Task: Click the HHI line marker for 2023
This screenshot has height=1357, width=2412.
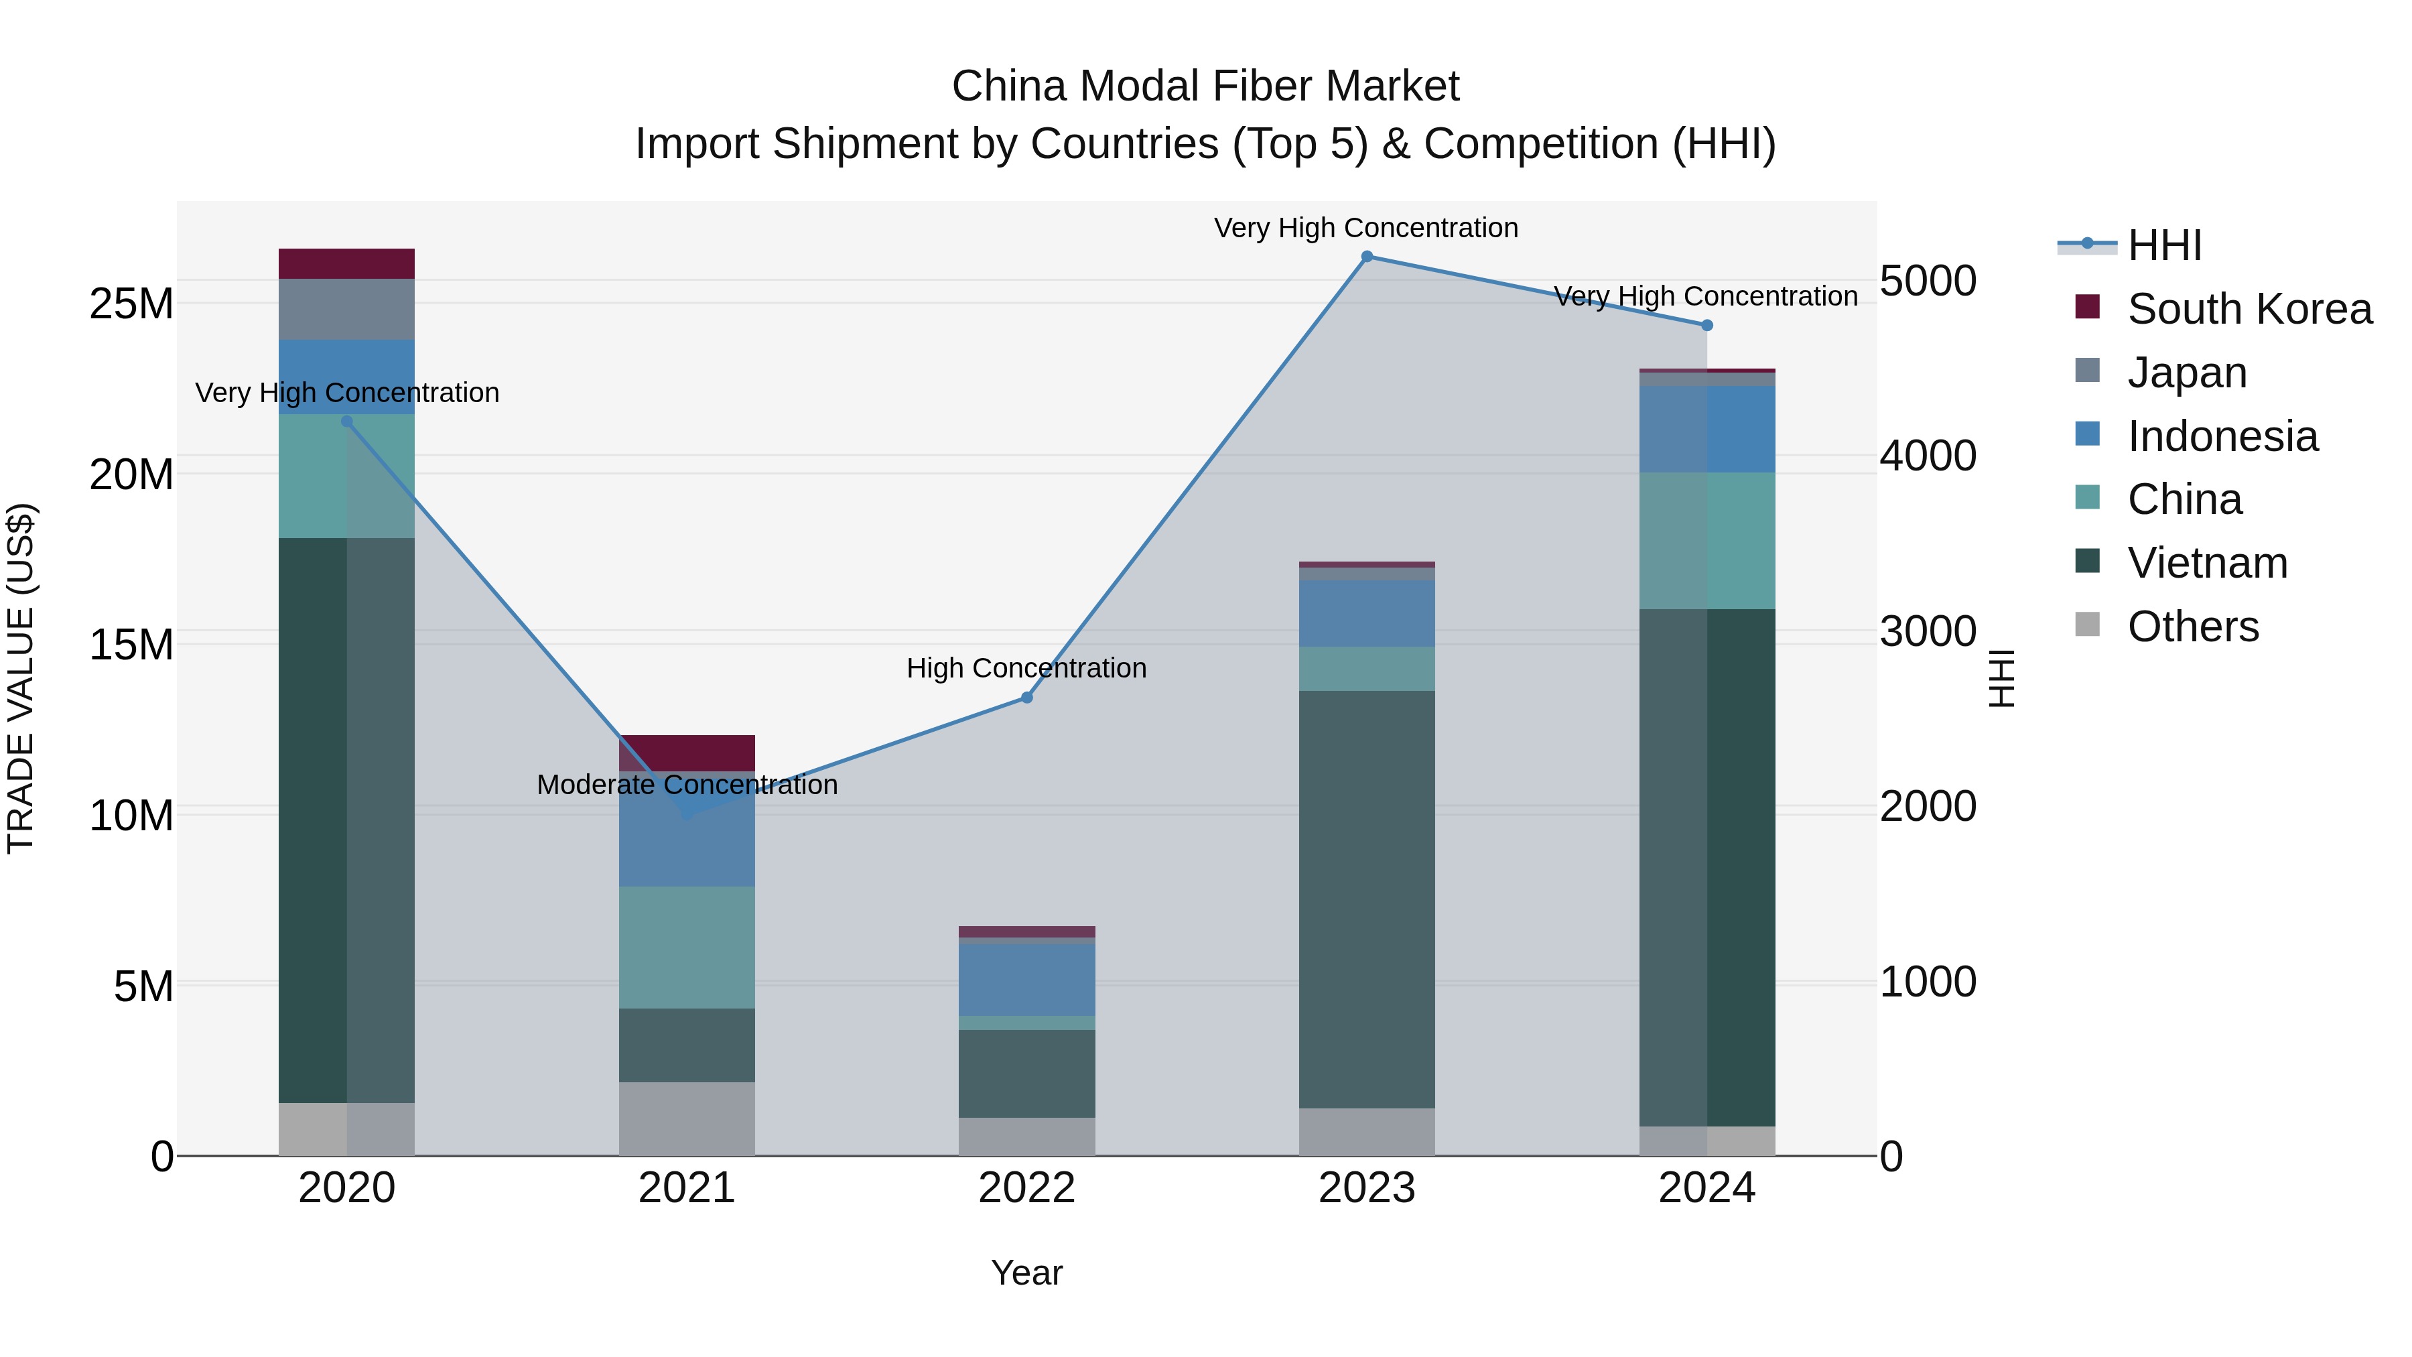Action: [1366, 257]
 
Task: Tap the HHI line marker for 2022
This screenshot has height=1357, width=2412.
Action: [1026, 698]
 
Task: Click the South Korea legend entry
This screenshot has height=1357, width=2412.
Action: [2249, 309]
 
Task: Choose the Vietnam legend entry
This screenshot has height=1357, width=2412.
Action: [2207, 563]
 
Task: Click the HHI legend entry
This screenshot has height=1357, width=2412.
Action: [2164, 245]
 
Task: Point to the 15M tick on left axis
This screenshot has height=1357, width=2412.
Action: [131, 644]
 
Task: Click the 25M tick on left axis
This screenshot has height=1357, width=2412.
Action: [131, 304]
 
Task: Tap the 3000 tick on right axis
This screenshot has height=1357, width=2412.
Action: [1927, 631]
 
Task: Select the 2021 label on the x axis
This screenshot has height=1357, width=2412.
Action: [686, 1188]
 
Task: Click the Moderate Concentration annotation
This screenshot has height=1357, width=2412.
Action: [686, 785]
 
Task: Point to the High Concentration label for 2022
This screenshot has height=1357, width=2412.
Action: [1026, 669]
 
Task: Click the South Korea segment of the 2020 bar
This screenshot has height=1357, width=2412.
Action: [346, 264]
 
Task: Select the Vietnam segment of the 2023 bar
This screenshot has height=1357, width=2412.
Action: [1366, 899]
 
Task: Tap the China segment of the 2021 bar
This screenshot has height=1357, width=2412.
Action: [686, 947]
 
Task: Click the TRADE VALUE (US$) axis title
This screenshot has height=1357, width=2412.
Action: [21, 678]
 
